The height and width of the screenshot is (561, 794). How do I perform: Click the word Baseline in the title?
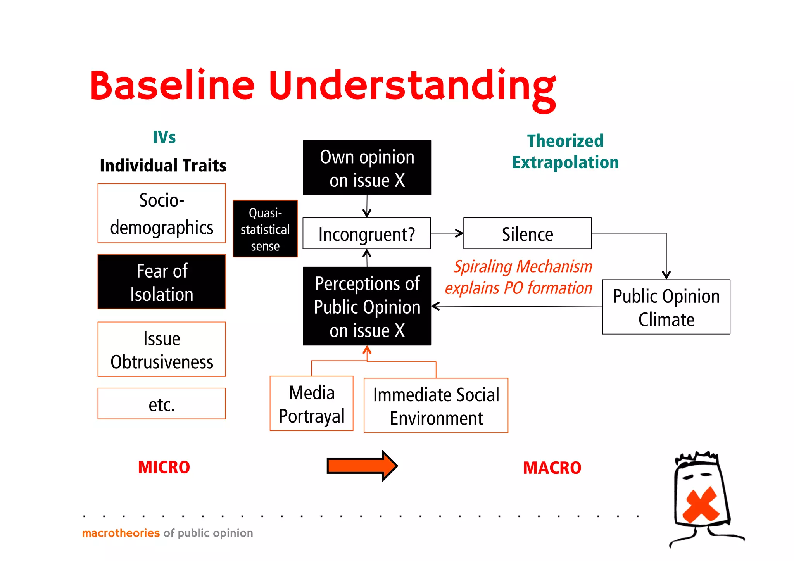click(x=172, y=86)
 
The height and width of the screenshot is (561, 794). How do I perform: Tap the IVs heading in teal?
click(x=164, y=137)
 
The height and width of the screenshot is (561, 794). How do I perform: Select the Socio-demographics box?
click(x=162, y=214)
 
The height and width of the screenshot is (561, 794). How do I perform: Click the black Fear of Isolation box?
click(x=162, y=282)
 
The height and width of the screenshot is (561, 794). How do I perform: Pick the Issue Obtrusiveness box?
click(x=162, y=349)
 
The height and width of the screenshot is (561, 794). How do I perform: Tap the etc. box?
click(x=162, y=404)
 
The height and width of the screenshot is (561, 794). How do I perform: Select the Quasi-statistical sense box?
click(x=265, y=229)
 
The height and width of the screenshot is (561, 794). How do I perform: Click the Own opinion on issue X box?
click(x=367, y=168)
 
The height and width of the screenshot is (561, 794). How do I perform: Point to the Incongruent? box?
click(x=366, y=233)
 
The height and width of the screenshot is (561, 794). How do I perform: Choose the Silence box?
click(x=527, y=233)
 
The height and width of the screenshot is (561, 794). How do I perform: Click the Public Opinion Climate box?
click(x=666, y=307)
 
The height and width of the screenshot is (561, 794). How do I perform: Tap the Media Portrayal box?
click(x=311, y=404)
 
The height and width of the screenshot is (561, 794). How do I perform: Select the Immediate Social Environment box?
click(x=436, y=406)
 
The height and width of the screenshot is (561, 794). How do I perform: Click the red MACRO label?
click(x=552, y=468)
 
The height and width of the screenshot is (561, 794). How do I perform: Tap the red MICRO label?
click(x=164, y=467)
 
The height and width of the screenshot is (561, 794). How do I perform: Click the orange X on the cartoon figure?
click(x=701, y=504)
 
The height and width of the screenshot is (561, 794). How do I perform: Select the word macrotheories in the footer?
click(x=121, y=533)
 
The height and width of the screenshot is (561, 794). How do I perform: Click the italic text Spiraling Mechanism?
click(x=523, y=267)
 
